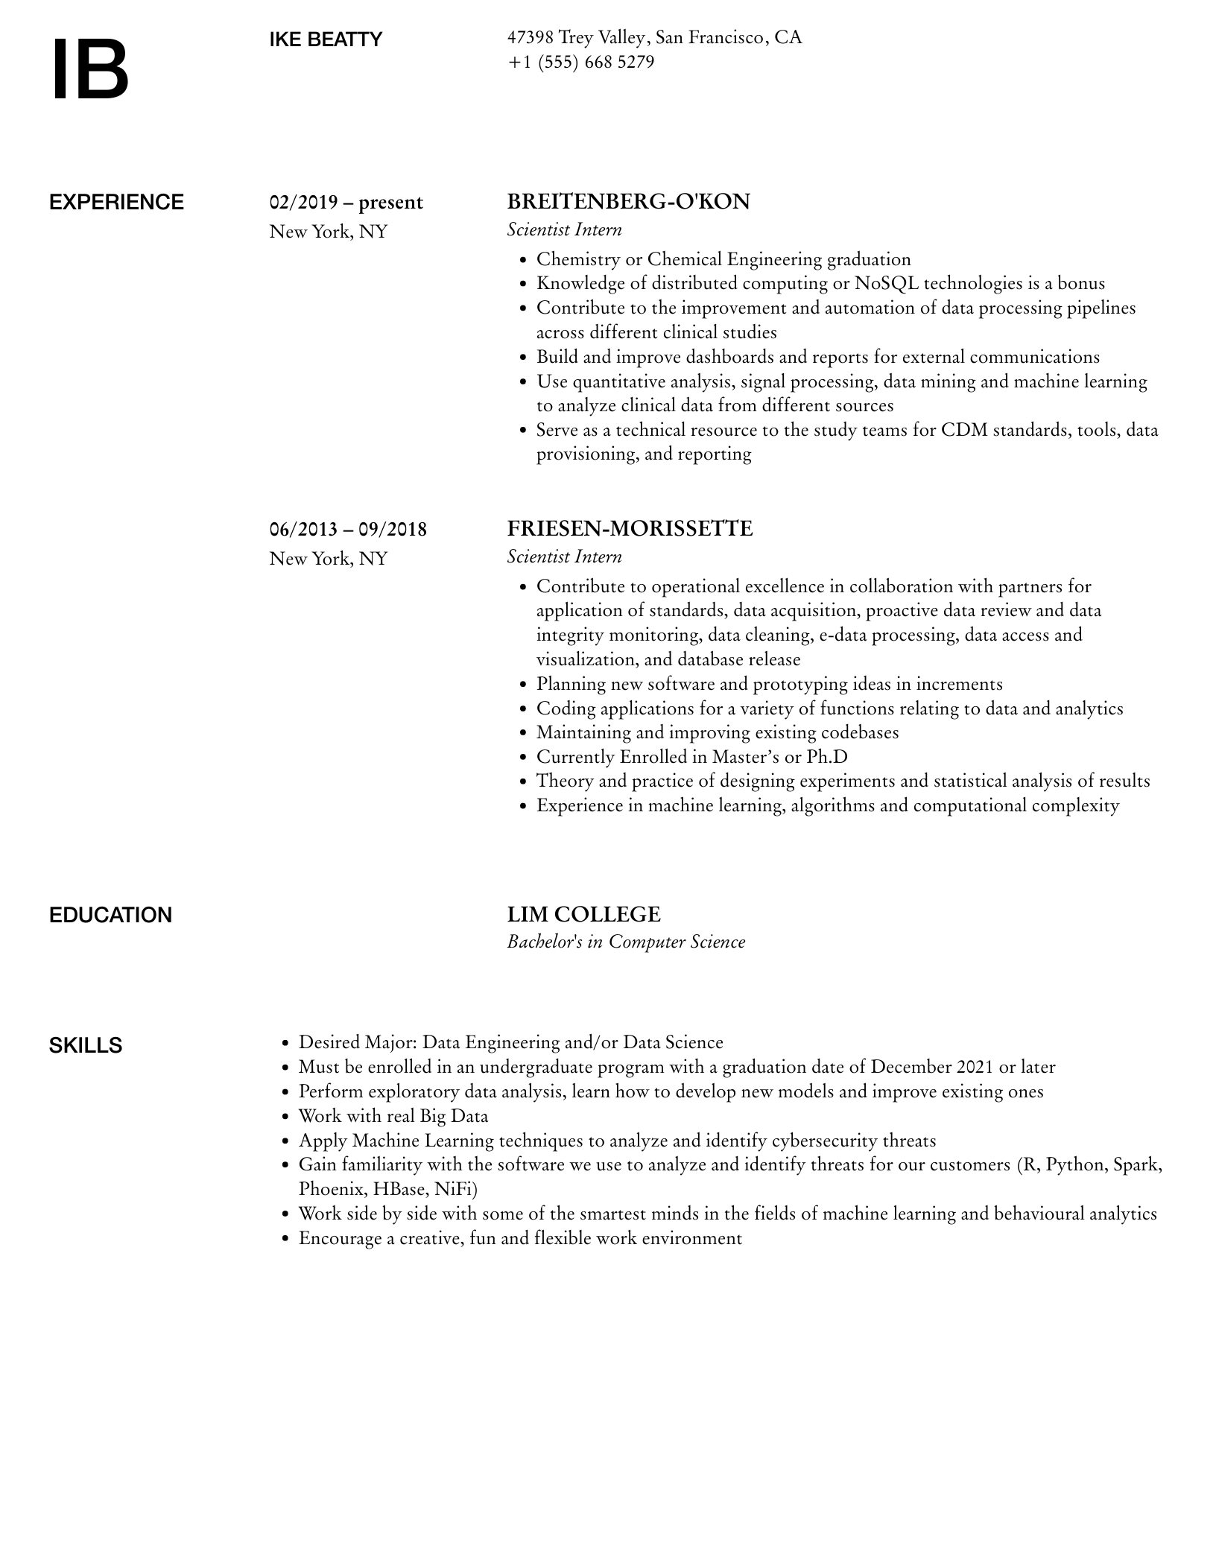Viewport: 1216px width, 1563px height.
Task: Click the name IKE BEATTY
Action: [326, 39]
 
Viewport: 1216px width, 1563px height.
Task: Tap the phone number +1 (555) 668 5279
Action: [580, 62]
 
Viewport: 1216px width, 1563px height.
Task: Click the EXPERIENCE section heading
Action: [116, 203]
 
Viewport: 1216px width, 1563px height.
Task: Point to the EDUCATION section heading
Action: [110, 915]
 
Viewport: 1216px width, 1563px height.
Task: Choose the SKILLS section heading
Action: [86, 1045]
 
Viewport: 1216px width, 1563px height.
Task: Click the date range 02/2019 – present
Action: [346, 203]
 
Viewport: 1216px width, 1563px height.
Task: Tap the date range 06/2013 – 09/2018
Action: [348, 530]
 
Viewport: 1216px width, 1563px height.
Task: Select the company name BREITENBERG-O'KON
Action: [628, 202]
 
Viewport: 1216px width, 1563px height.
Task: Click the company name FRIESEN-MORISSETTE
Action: [630, 529]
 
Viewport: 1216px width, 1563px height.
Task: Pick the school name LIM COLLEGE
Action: [583, 914]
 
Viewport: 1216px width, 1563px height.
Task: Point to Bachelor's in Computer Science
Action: [626, 942]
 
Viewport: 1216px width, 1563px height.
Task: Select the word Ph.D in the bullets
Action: [827, 757]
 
